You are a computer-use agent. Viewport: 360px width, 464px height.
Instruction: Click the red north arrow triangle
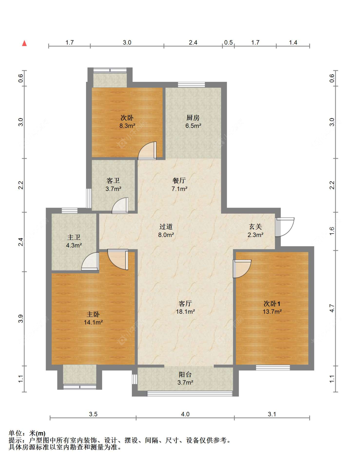tap(24, 43)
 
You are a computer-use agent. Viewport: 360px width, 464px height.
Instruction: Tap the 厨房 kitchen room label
tap(193, 118)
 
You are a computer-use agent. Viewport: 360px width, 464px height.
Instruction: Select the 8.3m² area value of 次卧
tap(127, 126)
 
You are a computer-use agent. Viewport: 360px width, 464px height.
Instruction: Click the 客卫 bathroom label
tap(113, 181)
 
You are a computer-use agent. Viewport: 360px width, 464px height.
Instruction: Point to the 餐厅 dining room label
tap(179, 181)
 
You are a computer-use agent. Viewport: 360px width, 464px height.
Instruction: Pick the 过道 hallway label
tap(166, 226)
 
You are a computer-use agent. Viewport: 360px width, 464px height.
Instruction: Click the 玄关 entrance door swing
tap(284, 227)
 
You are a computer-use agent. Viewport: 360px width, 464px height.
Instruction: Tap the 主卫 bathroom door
tap(90, 261)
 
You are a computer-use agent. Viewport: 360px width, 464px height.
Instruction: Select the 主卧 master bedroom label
tap(93, 314)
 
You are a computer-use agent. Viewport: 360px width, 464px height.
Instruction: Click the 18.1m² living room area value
tap(185, 311)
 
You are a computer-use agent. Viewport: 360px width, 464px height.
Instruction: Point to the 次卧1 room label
tap(272, 303)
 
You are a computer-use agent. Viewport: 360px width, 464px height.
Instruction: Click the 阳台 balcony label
tap(185, 374)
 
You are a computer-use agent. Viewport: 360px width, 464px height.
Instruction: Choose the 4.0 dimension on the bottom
tap(185, 414)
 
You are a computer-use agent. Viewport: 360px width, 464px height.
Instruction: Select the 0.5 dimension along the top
tap(228, 43)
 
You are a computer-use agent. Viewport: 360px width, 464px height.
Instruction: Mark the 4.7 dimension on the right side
tap(332, 308)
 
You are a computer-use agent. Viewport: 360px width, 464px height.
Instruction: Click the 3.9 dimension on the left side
tap(21, 319)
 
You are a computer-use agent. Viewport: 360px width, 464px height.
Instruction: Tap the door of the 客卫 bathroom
tap(120, 206)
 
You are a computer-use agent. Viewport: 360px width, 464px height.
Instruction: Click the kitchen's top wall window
tap(191, 85)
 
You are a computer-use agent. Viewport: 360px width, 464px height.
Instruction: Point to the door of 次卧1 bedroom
tap(242, 269)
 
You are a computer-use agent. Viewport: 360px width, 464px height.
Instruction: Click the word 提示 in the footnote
tap(15, 440)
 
